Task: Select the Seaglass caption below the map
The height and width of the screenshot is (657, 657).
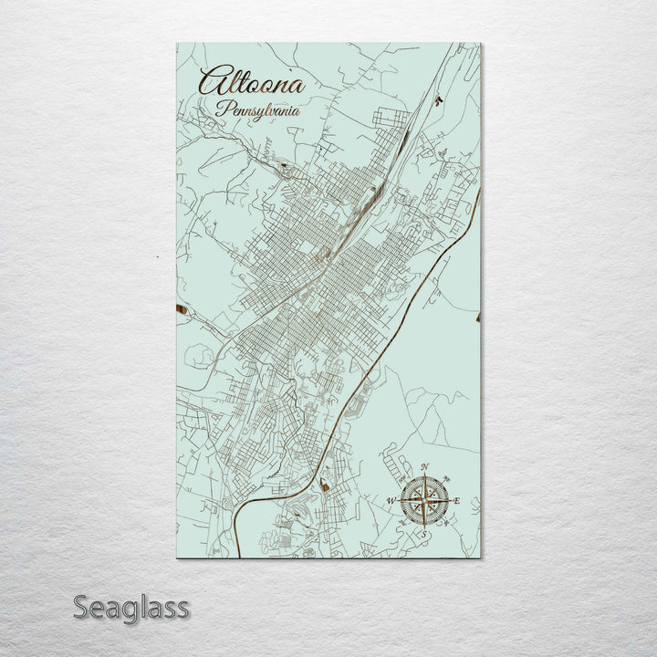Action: click(x=130, y=607)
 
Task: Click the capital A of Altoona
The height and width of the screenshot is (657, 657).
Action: click(x=211, y=83)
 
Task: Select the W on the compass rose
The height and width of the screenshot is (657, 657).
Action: click(x=391, y=501)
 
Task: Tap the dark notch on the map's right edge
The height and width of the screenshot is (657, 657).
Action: click(x=477, y=318)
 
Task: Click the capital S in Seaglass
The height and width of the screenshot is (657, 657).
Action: click(x=80, y=607)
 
